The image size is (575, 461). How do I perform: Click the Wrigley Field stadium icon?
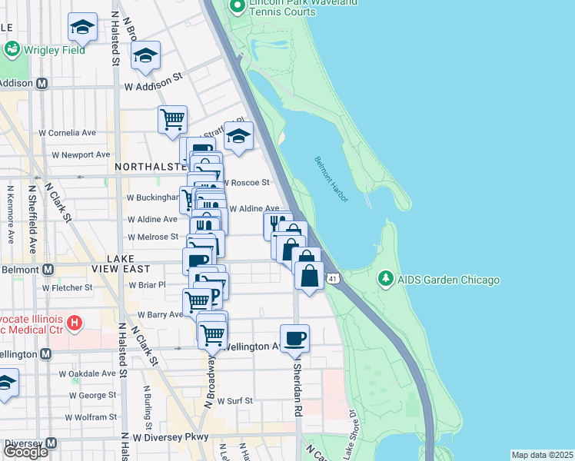coord(12,50)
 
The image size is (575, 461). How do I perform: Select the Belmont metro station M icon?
coord(48,270)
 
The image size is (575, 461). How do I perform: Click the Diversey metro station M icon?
coord(52,443)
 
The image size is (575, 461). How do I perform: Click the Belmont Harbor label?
coord(331,180)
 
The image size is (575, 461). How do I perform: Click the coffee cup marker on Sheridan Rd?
coord(294,337)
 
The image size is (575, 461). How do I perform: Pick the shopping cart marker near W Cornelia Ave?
coord(173,119)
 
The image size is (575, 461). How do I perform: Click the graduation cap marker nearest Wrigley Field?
coord(82,27)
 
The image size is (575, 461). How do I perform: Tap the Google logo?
coord(25,452)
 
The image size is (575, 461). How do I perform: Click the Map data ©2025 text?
coord(542,455)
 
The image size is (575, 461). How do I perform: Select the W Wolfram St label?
coord(90,417)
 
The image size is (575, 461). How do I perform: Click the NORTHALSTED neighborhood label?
coord(149,166)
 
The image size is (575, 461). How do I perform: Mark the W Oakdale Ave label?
coord(87,374)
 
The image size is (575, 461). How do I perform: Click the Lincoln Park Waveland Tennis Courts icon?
coord(238,8)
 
